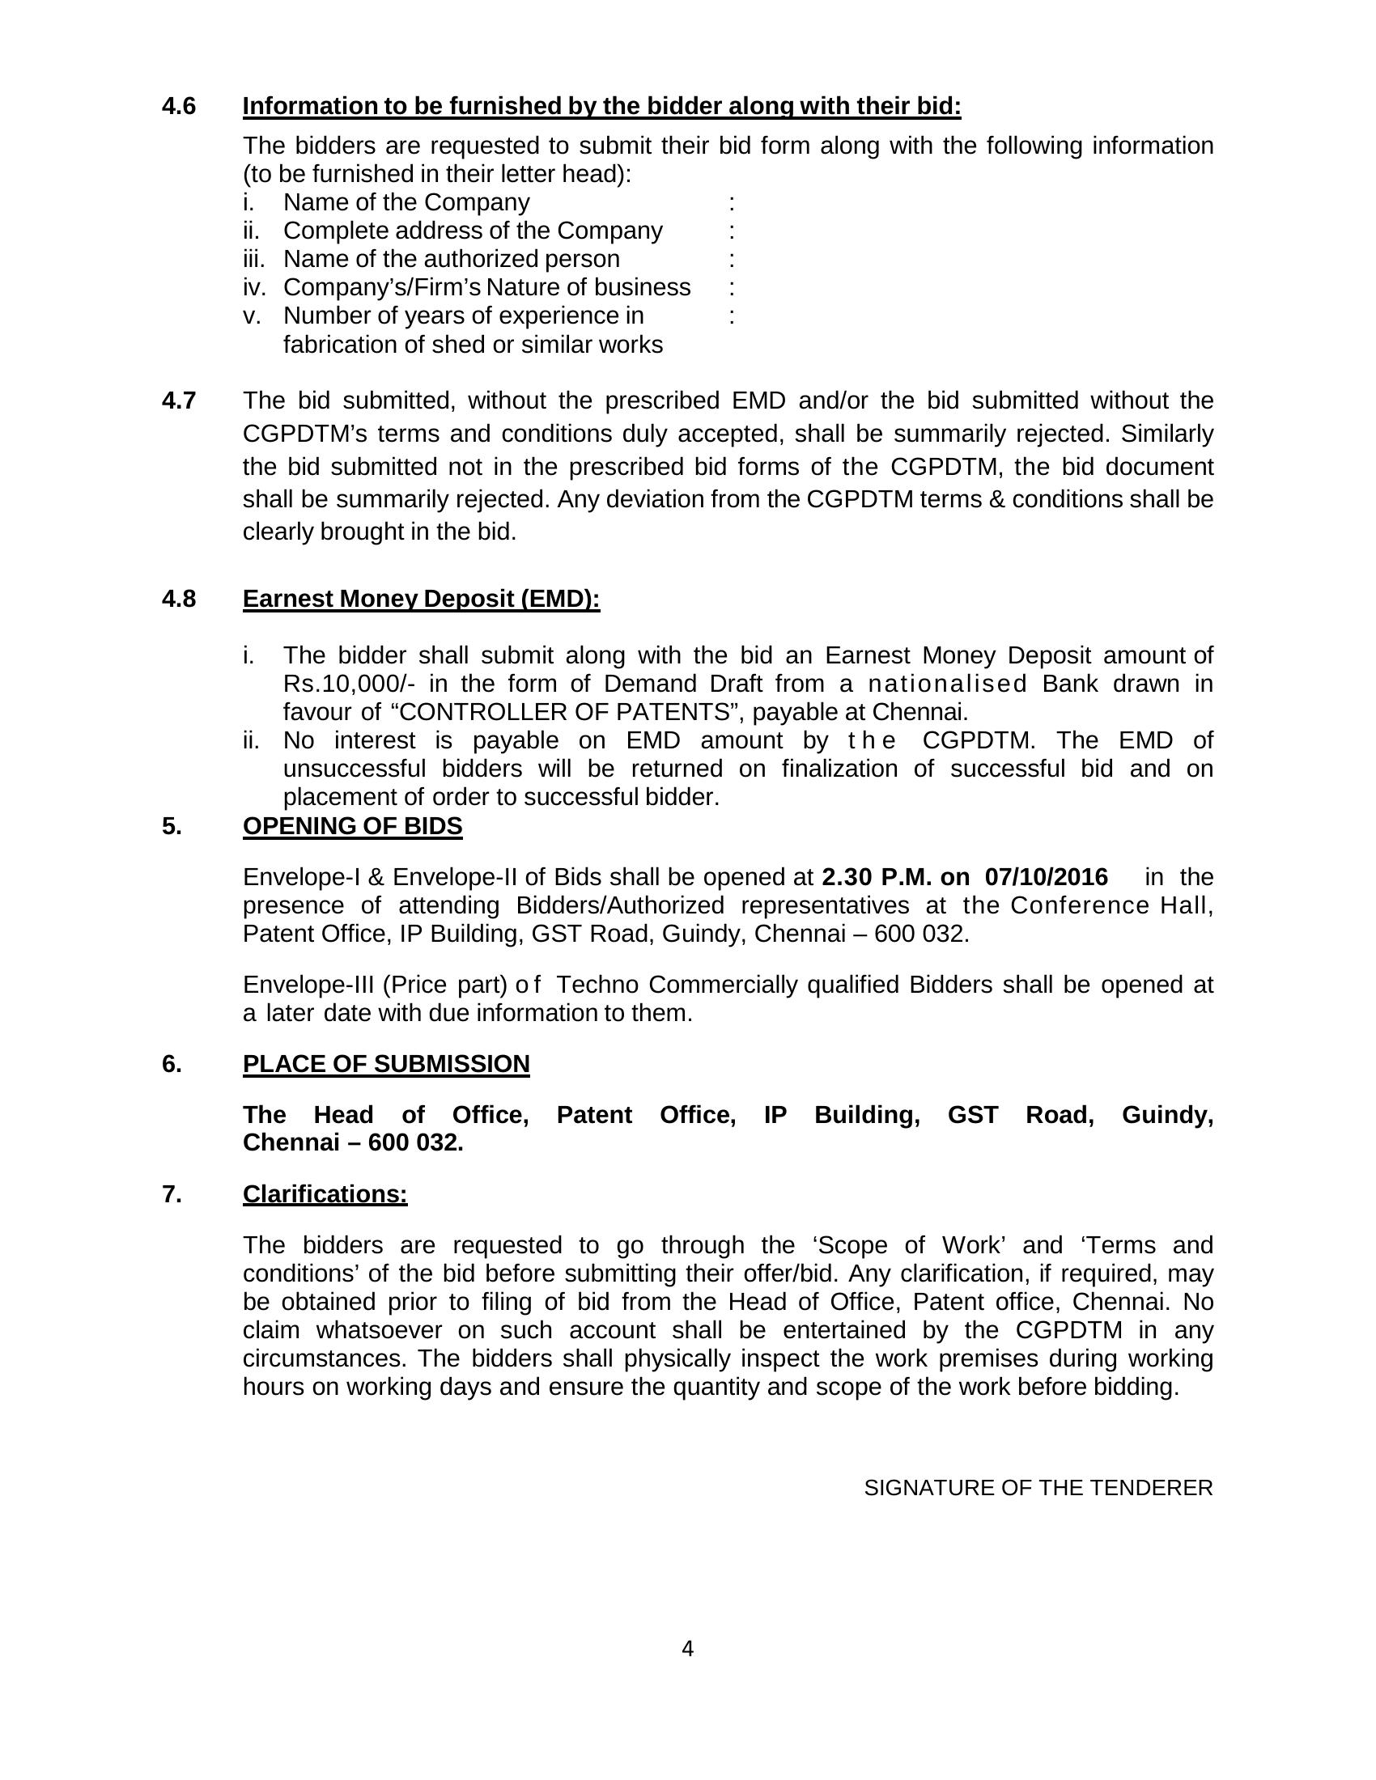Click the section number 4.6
pos(179,106)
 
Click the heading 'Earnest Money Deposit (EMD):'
pos(422,599)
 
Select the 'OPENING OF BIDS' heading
pos(352,825)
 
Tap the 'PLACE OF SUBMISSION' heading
pos(385,1064)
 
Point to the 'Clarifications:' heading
pos(325,1194)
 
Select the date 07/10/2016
pos(1046,877)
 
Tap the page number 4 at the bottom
pos(687,1649)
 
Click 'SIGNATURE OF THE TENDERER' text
pos(1038,1488)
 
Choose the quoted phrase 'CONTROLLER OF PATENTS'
pos(563,712)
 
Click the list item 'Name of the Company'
pos(406,202)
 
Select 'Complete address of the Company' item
pos(473,231)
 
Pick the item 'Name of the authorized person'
pos(451,259)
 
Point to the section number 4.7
pos(179,401)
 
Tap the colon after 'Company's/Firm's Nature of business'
pos(731,288)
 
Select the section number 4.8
pos(179,599)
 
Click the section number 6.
pos(171,1064)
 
